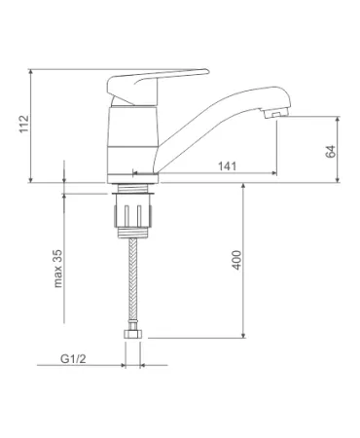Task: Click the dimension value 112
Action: click(x=24, y=124)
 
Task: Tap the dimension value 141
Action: click(x=227, y=166)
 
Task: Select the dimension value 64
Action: click(x=331, y=152)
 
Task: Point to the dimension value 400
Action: click(x=236, y=260)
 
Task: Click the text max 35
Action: click(x=57, y=269)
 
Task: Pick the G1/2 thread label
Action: click(x=73, y=359)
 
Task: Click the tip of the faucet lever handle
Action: click(x=206, y=71)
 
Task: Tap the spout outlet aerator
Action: click(x=275, y=113)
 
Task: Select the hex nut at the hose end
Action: click(x=132, y=335)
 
